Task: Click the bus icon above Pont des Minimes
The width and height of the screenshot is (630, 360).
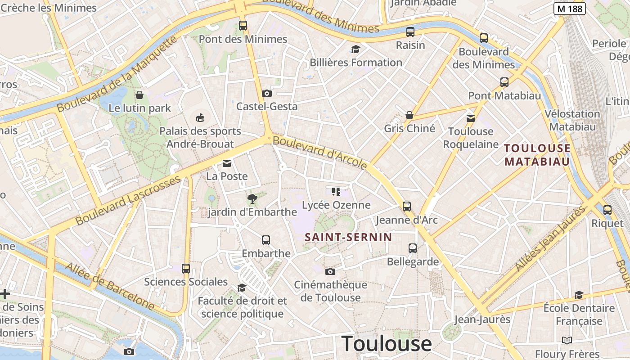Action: click(x=243, y=26)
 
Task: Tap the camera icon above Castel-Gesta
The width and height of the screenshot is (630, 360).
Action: click(x=267, y=93)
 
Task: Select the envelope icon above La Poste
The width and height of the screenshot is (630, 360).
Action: click(x=227, y=163)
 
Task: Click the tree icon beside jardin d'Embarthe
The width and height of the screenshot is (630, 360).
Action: click(x=252, y=198)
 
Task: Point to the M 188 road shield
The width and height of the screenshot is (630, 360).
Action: click(x=569, y=8)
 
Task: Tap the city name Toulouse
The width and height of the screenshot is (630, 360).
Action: click(x=387, y=344)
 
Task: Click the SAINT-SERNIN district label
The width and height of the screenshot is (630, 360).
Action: click(x=348, y=237)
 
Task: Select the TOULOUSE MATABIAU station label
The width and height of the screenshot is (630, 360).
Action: click(x=537, y=155)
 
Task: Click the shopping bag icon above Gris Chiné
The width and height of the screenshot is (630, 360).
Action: click(x=409, y=115)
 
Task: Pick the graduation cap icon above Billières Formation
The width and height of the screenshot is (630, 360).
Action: click(x=356, y=49)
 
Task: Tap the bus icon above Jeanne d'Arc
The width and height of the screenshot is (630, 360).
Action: click(x=407, y=207)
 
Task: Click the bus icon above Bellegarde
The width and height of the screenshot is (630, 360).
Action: click(x=413, y=248)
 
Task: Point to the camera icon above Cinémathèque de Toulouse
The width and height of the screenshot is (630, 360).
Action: click(x=330, y=271)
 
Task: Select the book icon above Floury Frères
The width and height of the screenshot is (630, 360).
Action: click(x=567, y=340)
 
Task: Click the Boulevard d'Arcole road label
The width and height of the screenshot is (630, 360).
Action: click(x=320, y=153)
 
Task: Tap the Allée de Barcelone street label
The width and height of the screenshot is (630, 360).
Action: click(x=110, y=287)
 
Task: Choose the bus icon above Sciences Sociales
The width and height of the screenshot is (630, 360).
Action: click(x=186, y=269)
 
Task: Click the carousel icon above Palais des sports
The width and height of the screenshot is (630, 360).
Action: click(x=200, y=118)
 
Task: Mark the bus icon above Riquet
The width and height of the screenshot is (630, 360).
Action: click(x=607, y=210)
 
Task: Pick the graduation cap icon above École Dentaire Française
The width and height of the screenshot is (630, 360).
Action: click(x=579, y=295)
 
